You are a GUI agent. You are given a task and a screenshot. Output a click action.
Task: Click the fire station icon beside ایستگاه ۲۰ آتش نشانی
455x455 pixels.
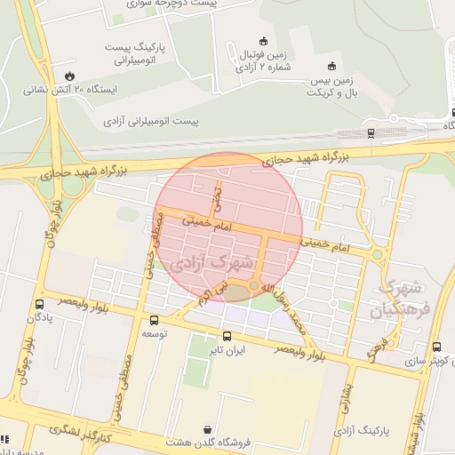point(69,75)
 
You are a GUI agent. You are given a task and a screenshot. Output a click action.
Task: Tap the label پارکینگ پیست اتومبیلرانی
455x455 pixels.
point(142,52)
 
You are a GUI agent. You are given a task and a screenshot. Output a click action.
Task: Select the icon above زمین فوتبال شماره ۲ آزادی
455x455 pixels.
point(262,40)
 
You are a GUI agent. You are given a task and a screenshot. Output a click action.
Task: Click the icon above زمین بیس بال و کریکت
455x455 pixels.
point(332,65)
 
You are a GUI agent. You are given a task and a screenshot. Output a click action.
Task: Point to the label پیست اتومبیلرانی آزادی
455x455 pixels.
point(151,118)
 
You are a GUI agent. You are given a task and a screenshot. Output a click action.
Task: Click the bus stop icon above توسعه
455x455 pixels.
point(155,320)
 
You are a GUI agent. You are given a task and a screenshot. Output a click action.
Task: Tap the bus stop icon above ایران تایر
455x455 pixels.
point(227,336)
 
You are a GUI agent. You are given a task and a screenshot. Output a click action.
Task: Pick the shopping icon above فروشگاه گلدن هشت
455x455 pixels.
point(207,428)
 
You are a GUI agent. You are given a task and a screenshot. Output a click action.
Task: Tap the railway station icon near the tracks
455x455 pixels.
point(370,133)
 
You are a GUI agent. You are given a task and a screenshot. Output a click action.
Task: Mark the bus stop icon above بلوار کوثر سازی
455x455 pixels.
point(436,347)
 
